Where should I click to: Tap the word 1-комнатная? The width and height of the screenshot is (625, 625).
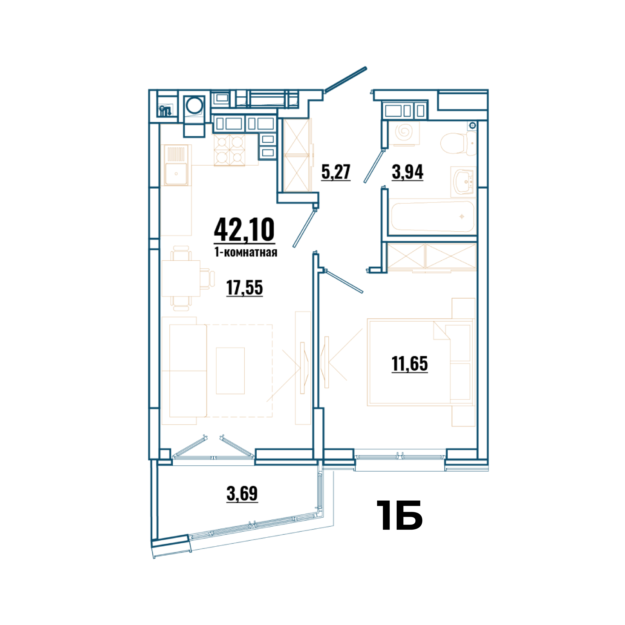coord(246,252)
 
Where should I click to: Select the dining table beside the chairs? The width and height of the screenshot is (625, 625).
coord(181,278)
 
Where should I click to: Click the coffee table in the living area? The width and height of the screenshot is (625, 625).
coord(230,371)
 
